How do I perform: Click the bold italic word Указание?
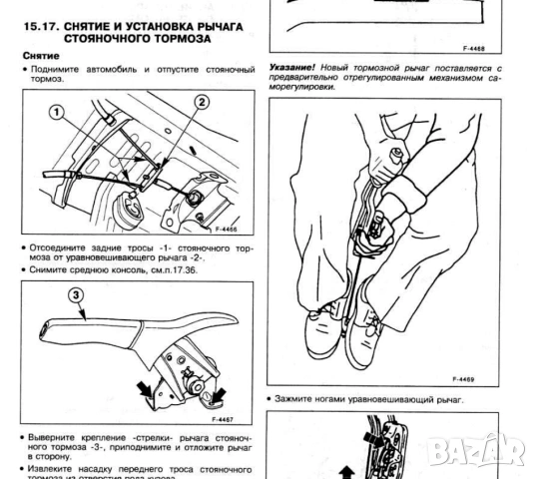[x=290, y=68]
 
